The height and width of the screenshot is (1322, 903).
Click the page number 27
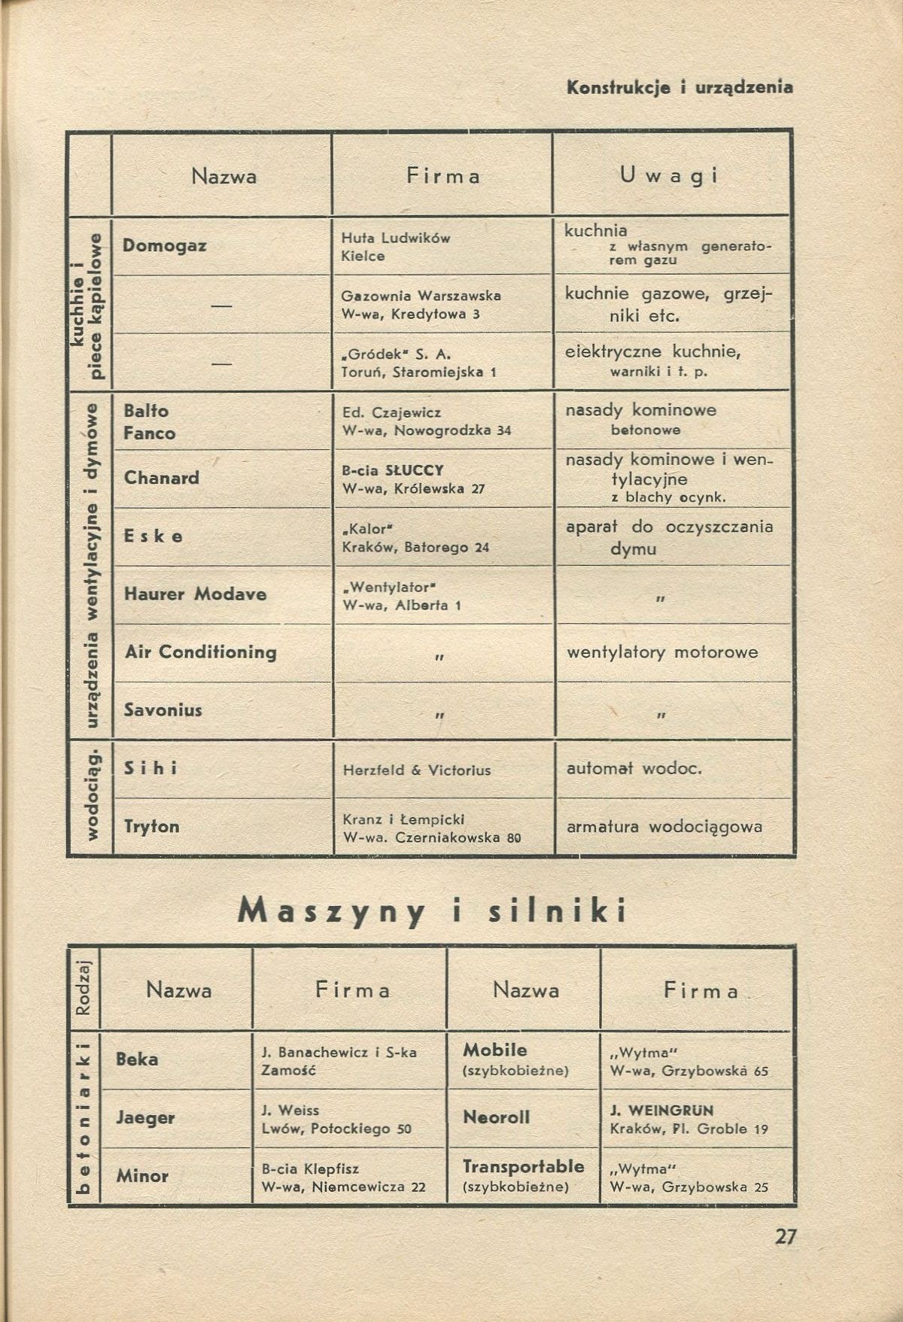[x=786, y=1237]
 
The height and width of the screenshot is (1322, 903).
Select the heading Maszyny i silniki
[x=433, y=911]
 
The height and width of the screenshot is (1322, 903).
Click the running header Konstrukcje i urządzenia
[x=680, y=87]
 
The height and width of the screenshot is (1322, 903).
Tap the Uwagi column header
[x=669, y=176]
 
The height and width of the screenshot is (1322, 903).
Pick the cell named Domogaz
[x=165, y=245]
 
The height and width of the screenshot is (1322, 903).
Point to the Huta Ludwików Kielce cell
[x=396, y=247]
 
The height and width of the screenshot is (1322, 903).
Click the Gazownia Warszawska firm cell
[x=421, y=305]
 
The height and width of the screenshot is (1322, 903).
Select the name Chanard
[x=162, y=478]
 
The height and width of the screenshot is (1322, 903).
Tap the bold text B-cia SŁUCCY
[x=393, y=470]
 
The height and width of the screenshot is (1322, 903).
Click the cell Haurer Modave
[x=196, y=594]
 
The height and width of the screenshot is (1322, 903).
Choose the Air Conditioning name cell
[x=201, y=652]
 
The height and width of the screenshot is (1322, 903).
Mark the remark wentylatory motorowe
[x=662, y=652]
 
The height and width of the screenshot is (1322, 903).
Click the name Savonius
[x=163, y=710]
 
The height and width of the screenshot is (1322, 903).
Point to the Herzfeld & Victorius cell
[x=416, y=770]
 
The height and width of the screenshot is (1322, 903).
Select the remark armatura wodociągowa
[x=664, y=826]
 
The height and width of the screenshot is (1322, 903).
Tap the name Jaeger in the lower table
[x=145, y=1117]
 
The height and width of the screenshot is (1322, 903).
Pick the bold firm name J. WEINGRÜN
[x=662, y=1110]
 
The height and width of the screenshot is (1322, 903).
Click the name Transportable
[x=523, y=1166]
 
